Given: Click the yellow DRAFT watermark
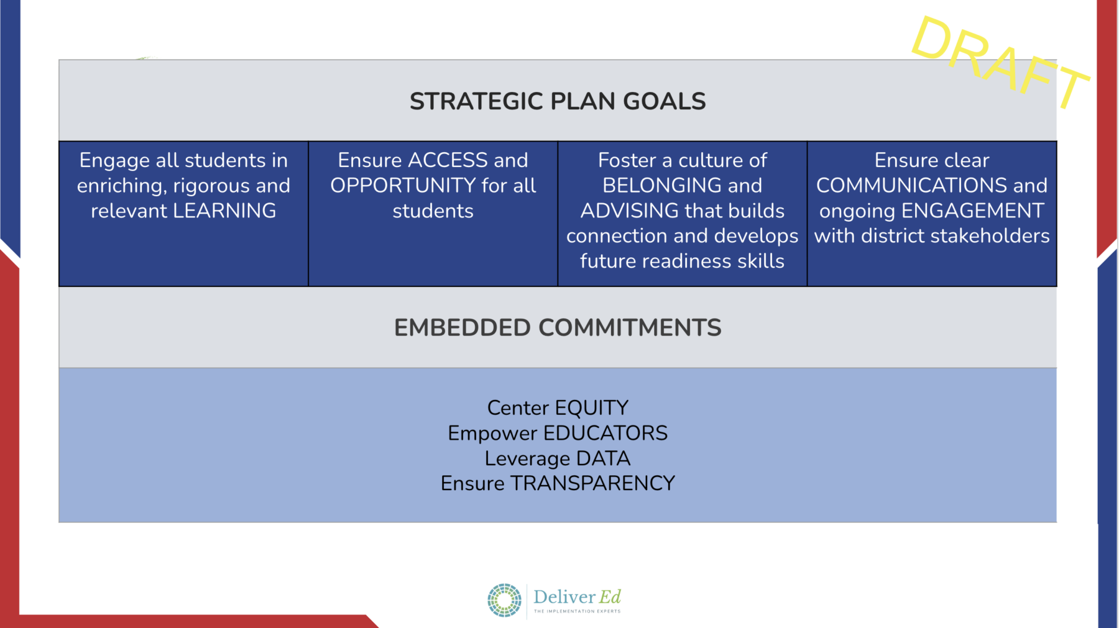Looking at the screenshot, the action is click(1000, 61).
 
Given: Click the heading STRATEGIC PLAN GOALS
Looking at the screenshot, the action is click(558, 101).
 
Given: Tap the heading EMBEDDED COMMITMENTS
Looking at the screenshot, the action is click(558, 327).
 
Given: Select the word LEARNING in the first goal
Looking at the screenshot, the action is click(224, 211).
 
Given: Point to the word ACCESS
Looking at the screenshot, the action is click(448, 160).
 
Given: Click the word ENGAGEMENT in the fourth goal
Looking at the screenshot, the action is click(973, 211).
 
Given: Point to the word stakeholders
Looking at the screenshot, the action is click(990, 235).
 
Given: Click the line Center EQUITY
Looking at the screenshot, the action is click(558, 407).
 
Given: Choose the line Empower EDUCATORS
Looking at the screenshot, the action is click(558, 433).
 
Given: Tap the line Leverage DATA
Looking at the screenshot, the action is click(558, 458).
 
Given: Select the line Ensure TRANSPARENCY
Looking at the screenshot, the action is click(558, 483).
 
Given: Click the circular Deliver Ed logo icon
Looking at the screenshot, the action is click(504, 600).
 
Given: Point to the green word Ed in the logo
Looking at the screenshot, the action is click(610, 597).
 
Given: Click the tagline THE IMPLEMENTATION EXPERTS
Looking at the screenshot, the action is click(577, 611).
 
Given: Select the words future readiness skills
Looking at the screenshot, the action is click(682, 261).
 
